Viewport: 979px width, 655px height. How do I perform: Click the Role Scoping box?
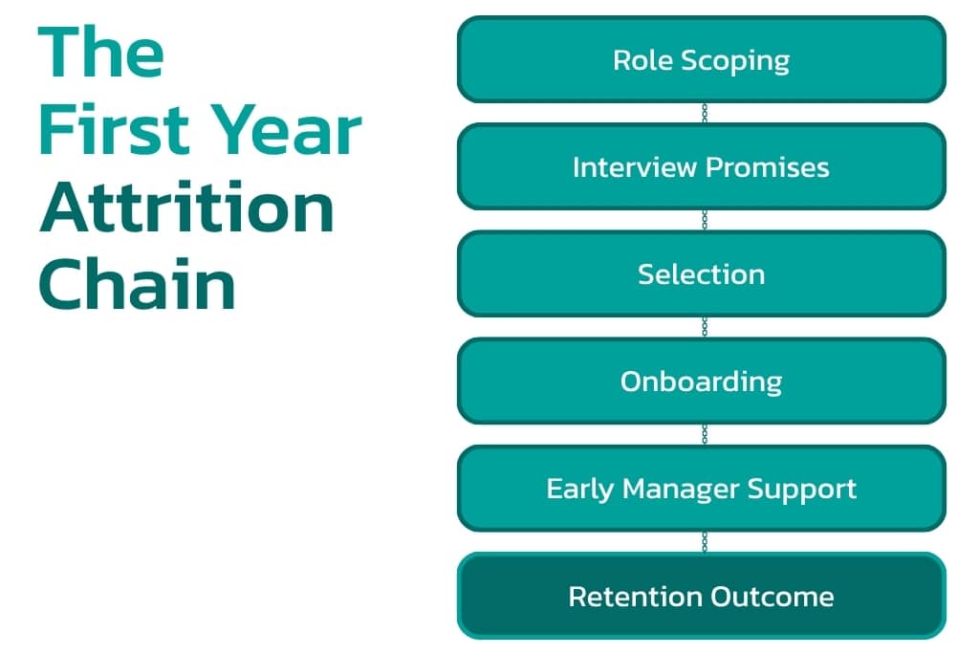pyautogui.click(x=701, y=59)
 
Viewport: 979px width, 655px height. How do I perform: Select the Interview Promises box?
pyautogui.click(x=701, y=166)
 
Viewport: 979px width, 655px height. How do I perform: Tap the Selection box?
pyautogui.click(x=701, y=273)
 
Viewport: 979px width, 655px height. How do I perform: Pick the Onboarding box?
pyautogui.click(x=701, y=381)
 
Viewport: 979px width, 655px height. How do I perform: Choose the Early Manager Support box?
pyautogui.click(x=701, y=488)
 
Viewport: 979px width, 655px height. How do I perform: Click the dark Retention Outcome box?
pyautogui.click(x=701, y=596)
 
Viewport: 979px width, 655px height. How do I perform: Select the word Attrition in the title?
pyautogui.click(x=186, y=207)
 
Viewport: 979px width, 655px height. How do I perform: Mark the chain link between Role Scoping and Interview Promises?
pyautogui.click(x=705, y=113)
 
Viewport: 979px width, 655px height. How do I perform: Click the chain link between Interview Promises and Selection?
pyautogui.click(x=705, y=220)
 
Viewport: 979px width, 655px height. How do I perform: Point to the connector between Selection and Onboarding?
pyautogui.click(x=705, y=327)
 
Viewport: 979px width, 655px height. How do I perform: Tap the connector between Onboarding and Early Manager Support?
pyautogui.click(x=705, y=434)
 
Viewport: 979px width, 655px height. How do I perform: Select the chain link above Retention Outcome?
pyautogui.click(x=705, y=541)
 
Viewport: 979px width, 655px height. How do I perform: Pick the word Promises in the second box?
pyautogui.click(x=766, y=167)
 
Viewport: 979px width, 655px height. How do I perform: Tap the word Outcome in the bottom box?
pyautogui.click(x=772, y=597)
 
